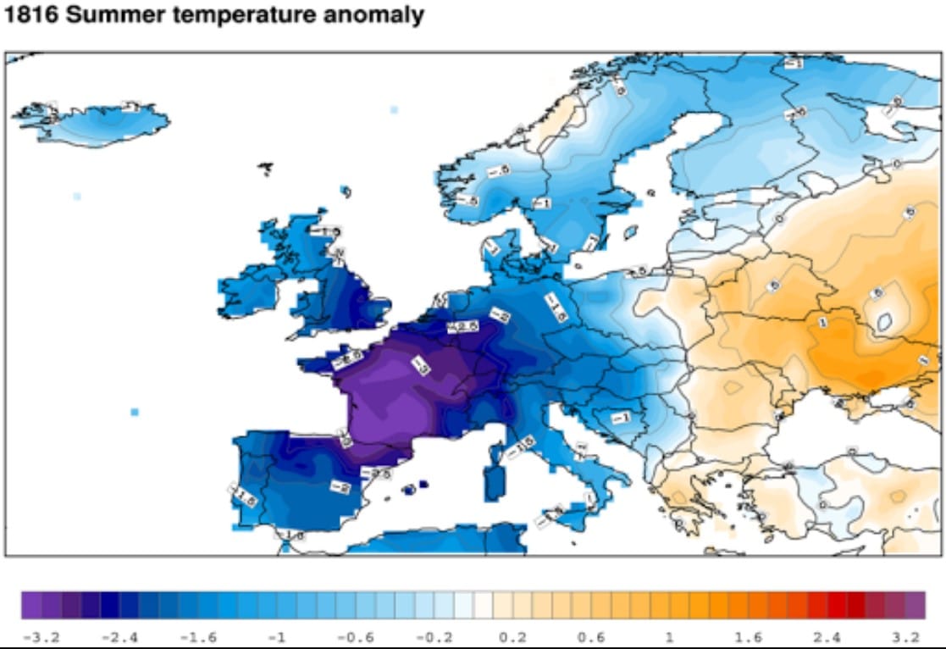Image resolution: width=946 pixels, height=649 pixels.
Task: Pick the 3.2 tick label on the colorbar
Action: point(906,637)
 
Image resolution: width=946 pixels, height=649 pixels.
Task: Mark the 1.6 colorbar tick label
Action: point(750,637)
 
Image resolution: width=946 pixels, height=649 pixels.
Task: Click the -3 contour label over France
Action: point(420,365)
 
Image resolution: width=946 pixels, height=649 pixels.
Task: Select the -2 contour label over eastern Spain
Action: point(340,487)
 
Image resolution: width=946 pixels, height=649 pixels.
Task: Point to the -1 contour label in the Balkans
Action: point(620,417)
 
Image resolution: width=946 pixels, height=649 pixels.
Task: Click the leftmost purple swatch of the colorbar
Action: point(31,605)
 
